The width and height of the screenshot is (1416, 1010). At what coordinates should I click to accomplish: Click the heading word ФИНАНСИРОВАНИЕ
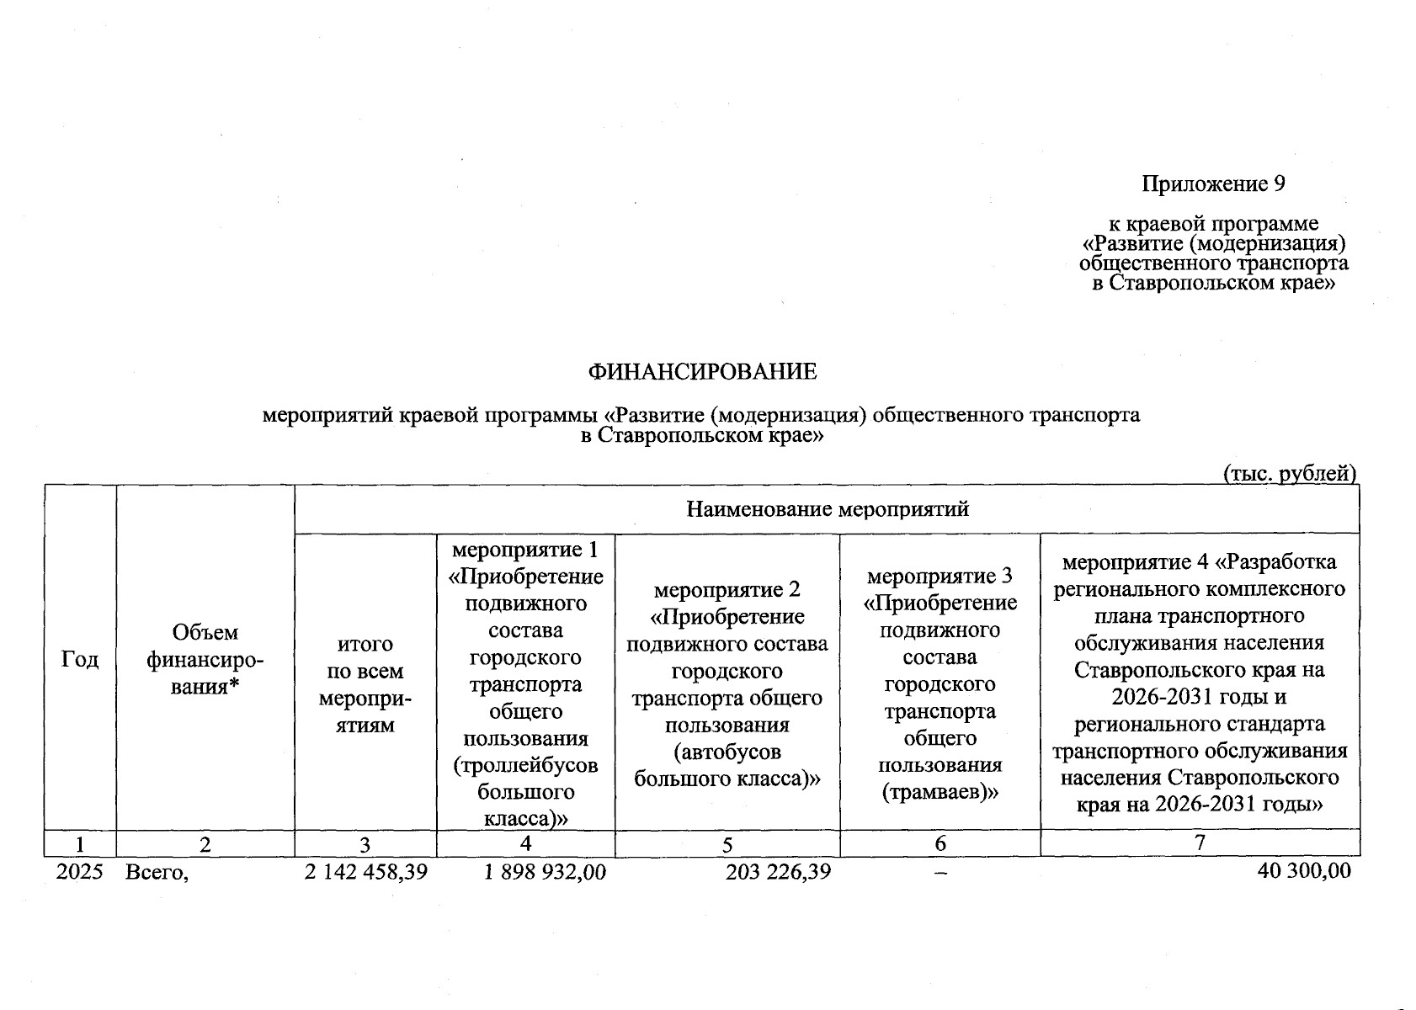coord(702,372)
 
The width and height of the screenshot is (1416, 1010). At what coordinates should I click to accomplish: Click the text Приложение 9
coord(1213,183)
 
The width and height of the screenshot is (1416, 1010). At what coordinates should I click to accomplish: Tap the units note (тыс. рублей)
coord(1289,474)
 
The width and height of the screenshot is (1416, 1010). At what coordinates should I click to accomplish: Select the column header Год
coord(80,659)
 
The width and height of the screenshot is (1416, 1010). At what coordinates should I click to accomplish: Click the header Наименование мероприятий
coord(828,509)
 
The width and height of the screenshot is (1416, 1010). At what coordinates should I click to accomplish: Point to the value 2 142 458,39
coord(366,872)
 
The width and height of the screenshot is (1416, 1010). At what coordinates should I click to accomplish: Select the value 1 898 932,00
coord(545,872)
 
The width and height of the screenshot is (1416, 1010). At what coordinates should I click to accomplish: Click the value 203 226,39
coord(778,872)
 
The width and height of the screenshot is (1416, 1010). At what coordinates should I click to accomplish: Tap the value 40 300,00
coord(1304,872)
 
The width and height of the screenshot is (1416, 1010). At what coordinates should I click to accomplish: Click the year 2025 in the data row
coord(79,872)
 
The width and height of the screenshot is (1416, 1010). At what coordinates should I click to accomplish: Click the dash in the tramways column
coord(940,874)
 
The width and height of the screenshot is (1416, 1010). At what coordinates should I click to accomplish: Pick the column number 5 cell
coord(727,844)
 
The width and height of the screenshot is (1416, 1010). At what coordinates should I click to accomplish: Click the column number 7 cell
coord(1200,843)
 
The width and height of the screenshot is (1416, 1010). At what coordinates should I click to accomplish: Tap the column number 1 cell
coord(80,844)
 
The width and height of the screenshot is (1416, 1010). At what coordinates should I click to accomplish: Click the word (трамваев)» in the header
coord(940,792)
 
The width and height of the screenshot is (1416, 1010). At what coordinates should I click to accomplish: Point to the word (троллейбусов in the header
coord(525,766)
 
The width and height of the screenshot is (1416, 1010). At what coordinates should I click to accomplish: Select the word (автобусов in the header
coord(727,752)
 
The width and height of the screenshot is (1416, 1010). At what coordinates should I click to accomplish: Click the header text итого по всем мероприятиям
coord(365,684)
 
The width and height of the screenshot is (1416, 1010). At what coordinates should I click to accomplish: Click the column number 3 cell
coord(365,844)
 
